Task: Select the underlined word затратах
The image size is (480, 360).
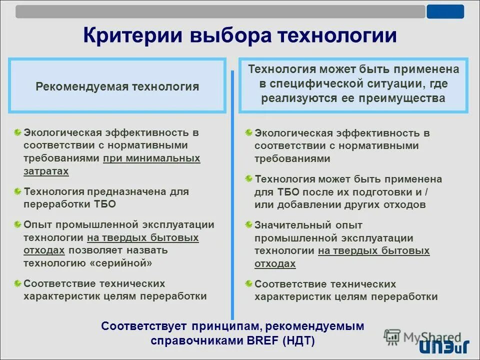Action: click(46, 171)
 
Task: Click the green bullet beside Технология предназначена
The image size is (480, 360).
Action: click(17, 191)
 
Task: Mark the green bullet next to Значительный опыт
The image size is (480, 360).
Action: click(248, 225)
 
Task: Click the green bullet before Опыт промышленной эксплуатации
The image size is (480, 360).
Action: click(17, 224)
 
